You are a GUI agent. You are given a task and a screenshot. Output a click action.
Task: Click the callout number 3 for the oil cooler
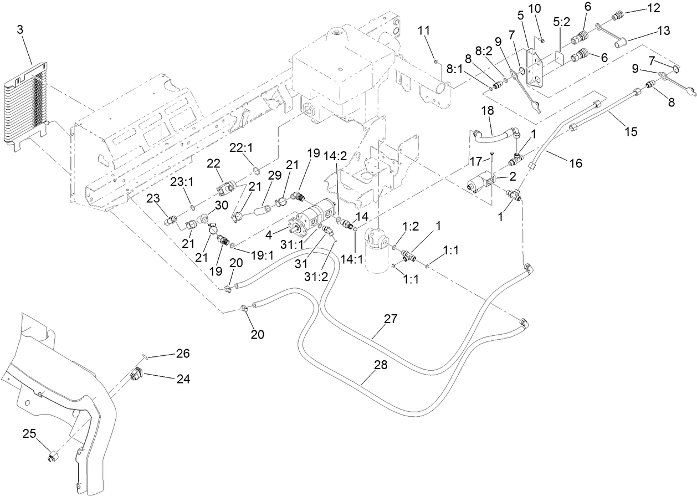click(20, 30)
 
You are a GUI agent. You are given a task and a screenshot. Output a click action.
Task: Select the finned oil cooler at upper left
click(27, 108)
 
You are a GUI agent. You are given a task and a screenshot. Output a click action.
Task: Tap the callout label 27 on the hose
click(391, 319)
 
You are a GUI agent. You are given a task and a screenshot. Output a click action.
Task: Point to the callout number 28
click(381, 365)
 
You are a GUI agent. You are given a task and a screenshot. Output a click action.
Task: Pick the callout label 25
click(29, 433)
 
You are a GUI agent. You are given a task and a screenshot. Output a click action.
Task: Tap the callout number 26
click(183, 354)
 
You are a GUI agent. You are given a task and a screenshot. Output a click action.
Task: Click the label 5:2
click(561, 22)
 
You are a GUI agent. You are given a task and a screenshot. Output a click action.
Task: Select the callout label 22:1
click(242, 148)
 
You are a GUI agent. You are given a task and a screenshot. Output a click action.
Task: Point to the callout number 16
click(576, 163)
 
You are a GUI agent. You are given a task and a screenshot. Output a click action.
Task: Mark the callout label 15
click(631, 132)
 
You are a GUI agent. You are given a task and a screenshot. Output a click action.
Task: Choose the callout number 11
click(424, 30)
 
